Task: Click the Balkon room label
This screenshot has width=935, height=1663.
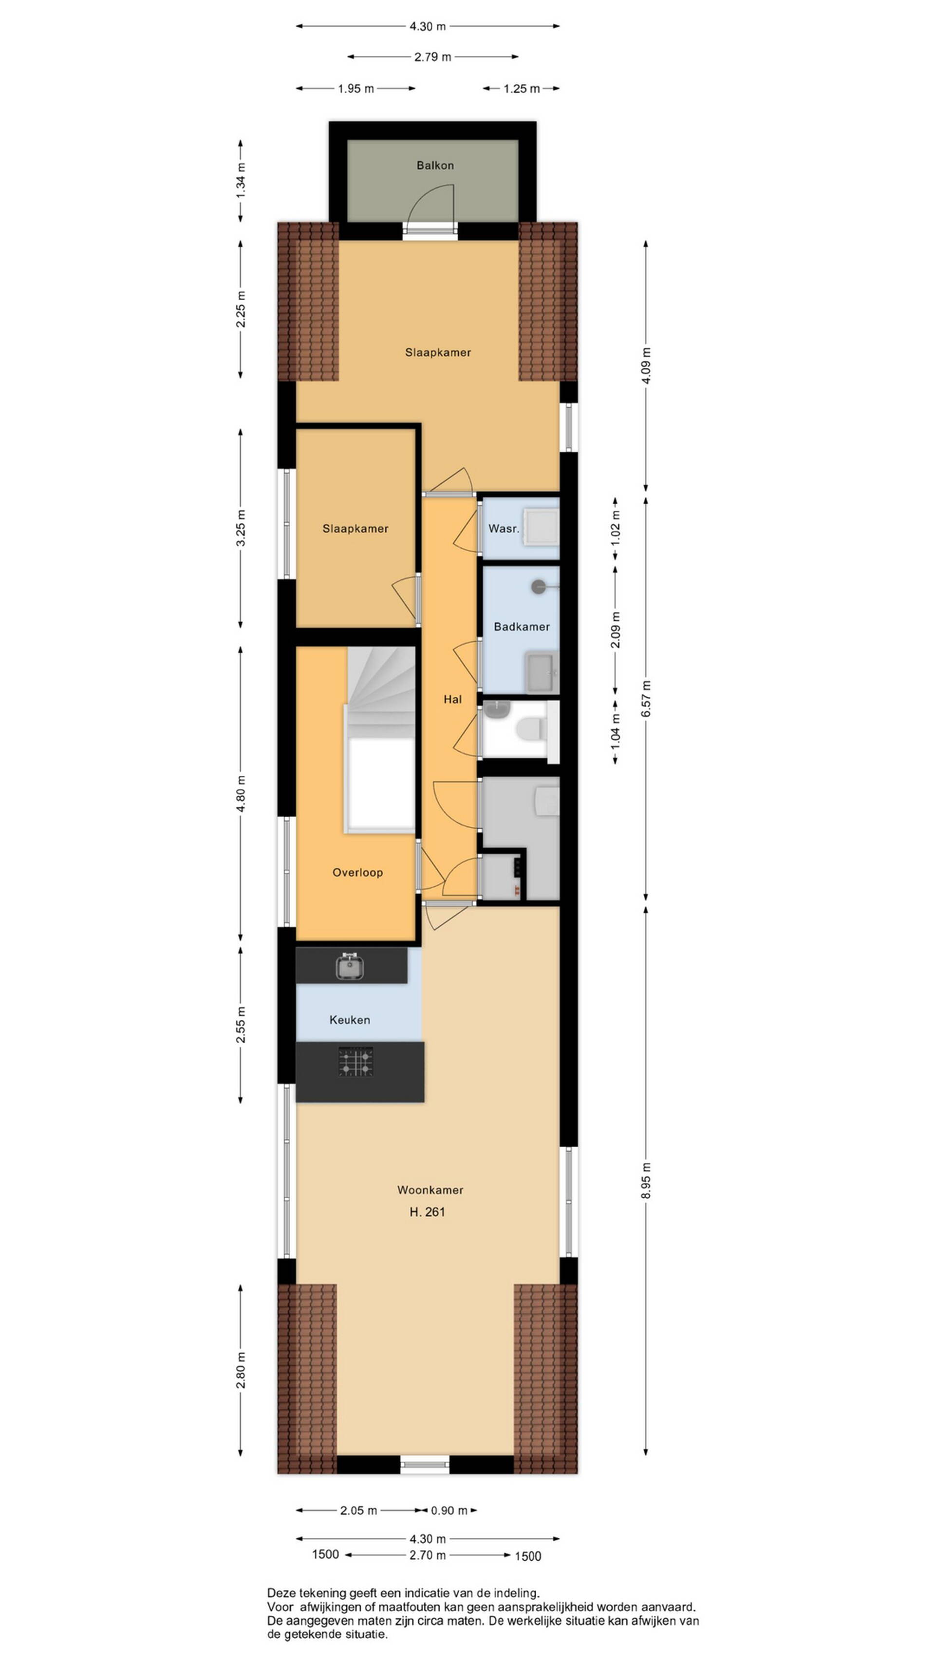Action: (434, 165)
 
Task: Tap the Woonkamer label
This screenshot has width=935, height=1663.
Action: (430, 1189)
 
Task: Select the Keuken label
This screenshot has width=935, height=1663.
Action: (349, 1020)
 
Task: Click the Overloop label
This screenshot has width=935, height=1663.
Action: (357, 872)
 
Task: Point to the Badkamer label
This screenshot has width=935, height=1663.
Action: (522, 626)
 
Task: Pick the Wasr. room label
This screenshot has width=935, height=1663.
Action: (504, 528)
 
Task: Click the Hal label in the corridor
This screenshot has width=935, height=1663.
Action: (452, 699)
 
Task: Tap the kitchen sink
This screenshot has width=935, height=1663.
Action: (350, 966)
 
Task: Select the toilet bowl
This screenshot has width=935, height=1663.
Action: (530, 728)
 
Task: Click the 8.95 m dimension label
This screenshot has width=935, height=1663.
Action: (646, 1180)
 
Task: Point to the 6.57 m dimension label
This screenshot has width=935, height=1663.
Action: (646, 699)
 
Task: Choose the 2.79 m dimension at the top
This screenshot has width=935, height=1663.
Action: (432, 57)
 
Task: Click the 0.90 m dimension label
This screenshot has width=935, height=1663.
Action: (449, 1510)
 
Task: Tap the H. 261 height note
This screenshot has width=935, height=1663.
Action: (427, 1212)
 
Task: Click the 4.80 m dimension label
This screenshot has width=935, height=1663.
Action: (241, 793)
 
